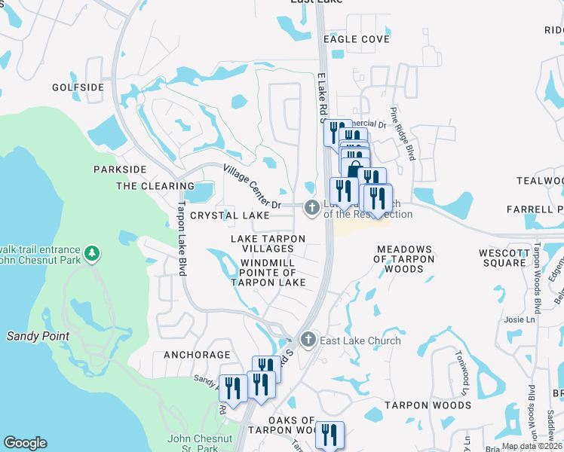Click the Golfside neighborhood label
[78, 87]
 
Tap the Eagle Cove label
[357, 39]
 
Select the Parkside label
[119, 169]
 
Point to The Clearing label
[155, 186]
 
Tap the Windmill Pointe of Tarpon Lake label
[268, 273]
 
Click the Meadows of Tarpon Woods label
[405, 258]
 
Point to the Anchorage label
[197, 354]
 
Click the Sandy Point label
[38, 336]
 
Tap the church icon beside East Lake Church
[308, 341]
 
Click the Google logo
[25, 443]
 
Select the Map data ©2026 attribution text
[532, 446]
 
